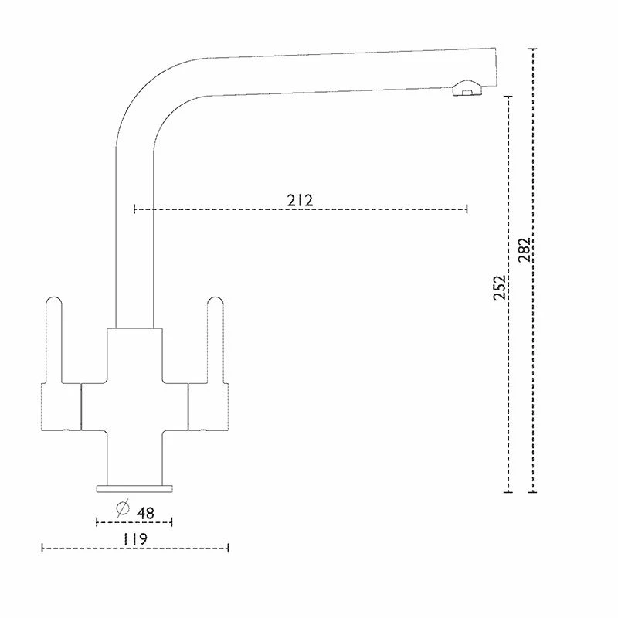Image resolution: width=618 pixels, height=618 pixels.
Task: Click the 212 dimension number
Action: pos(300,201)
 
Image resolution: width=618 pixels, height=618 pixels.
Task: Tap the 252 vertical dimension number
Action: pos(500,287)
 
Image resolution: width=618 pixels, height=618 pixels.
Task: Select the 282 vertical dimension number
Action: pos(525,250)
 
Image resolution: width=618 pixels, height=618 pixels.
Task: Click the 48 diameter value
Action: pos(144,511)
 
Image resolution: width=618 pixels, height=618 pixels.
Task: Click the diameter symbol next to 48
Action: pos(122,509)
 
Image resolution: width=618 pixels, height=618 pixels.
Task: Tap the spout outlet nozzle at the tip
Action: pos(463,90)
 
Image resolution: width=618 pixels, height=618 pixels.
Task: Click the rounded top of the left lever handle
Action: pos(54,302)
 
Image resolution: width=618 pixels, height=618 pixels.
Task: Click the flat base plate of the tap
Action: pos(134,487)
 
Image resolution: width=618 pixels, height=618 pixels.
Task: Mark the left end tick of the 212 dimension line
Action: pos(135,209)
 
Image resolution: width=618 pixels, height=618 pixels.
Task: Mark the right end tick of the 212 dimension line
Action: pos(467,209)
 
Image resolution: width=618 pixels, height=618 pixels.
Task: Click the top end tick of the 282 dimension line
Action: pos(532,49)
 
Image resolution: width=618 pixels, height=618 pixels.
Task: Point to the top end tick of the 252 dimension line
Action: pos(508,97)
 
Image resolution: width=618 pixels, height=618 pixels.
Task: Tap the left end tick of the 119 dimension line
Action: pos(42,548)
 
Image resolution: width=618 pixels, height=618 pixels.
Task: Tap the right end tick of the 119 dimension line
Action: pos(228,548)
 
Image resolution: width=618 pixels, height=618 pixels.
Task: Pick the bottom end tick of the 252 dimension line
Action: pos(508,491)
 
